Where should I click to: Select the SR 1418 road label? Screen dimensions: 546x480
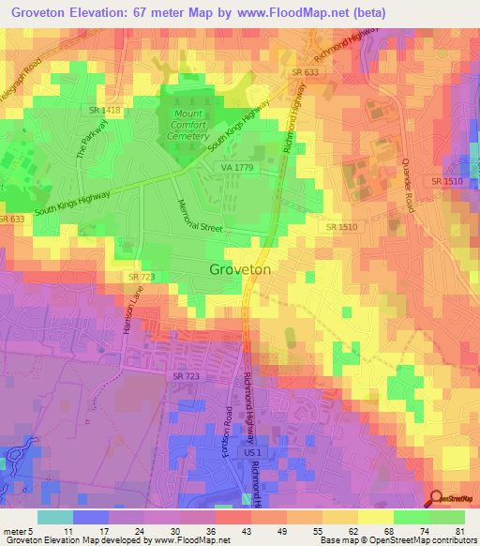[105, 111]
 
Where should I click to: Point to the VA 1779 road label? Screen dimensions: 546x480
[239, 167]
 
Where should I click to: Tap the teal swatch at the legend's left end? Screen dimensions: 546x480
[54, 516]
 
